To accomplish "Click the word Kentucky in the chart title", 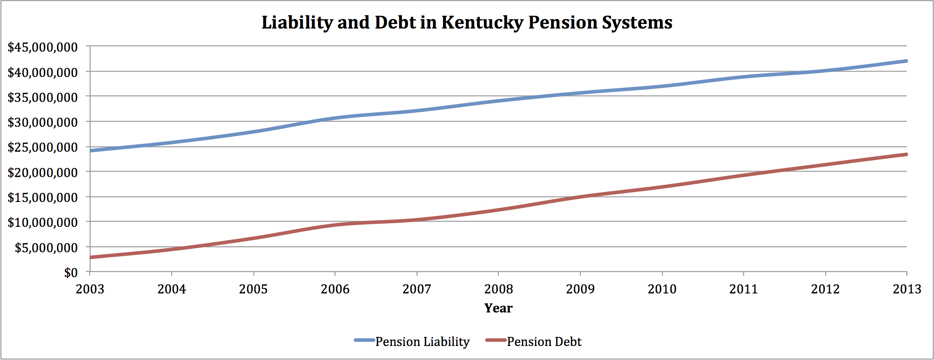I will tap(482, 23).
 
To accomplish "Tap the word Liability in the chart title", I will tap(297, 23).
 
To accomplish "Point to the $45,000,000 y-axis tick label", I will tap(43, 47).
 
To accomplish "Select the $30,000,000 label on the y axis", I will tap(43, 122).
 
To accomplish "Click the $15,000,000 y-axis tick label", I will tap(43, 197).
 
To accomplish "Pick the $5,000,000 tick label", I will tap(46, 248).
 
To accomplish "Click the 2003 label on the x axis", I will tap(90, 289).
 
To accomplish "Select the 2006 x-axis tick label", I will tap(335, 289).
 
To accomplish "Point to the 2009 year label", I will tap(580, 289).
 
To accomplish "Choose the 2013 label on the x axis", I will tap(907, 289).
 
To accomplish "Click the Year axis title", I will tap(498, 308).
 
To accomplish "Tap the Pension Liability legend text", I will tap(423, 341).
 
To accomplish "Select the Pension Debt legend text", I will tap(544, 341).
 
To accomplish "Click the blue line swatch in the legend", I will tap(364, 340).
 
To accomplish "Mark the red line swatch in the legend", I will tap(496, 340).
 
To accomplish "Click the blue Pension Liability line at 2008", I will tap(498, 101).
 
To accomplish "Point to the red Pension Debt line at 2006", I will tap(335, 225).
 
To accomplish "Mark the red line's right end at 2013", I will tap(906, 154).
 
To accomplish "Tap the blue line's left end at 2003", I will tap(91, 150).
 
